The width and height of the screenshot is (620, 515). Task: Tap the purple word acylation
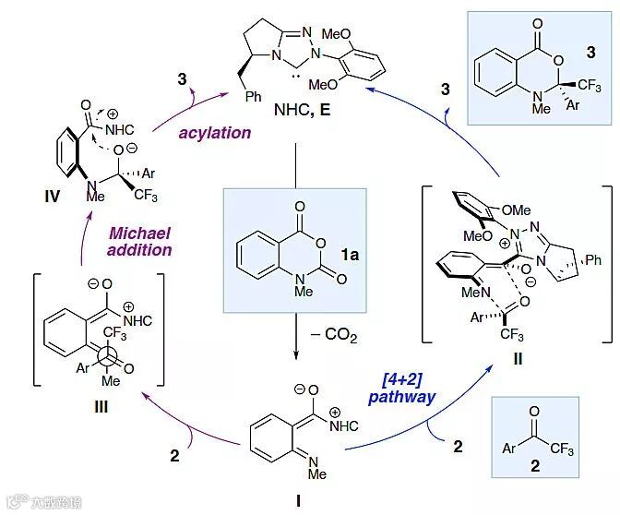click(x=215, y=132)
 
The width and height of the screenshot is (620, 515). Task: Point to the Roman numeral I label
click(x=297, y=499)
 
